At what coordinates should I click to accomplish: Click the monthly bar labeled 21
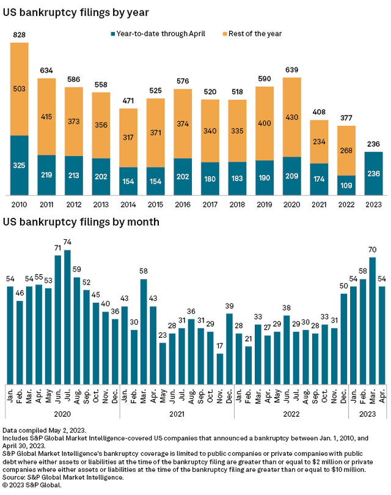(x=249, y=364)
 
